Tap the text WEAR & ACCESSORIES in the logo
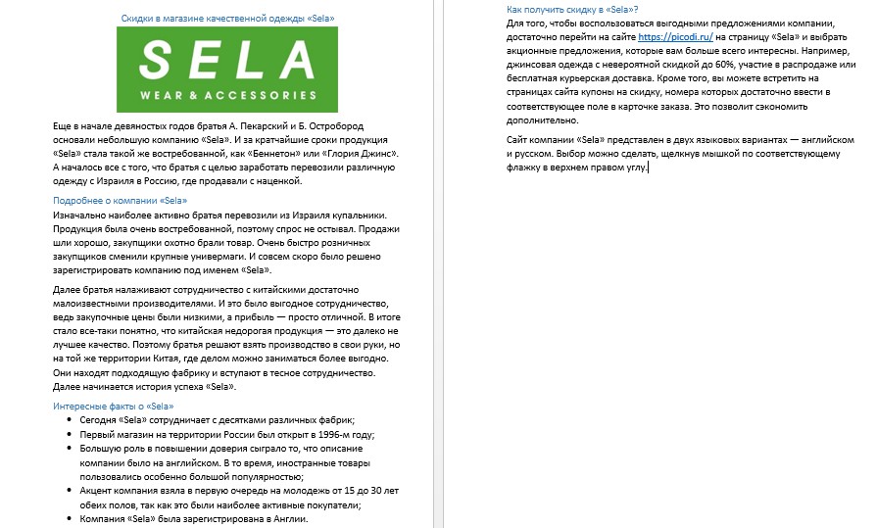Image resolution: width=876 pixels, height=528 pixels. tap(227, 95)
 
